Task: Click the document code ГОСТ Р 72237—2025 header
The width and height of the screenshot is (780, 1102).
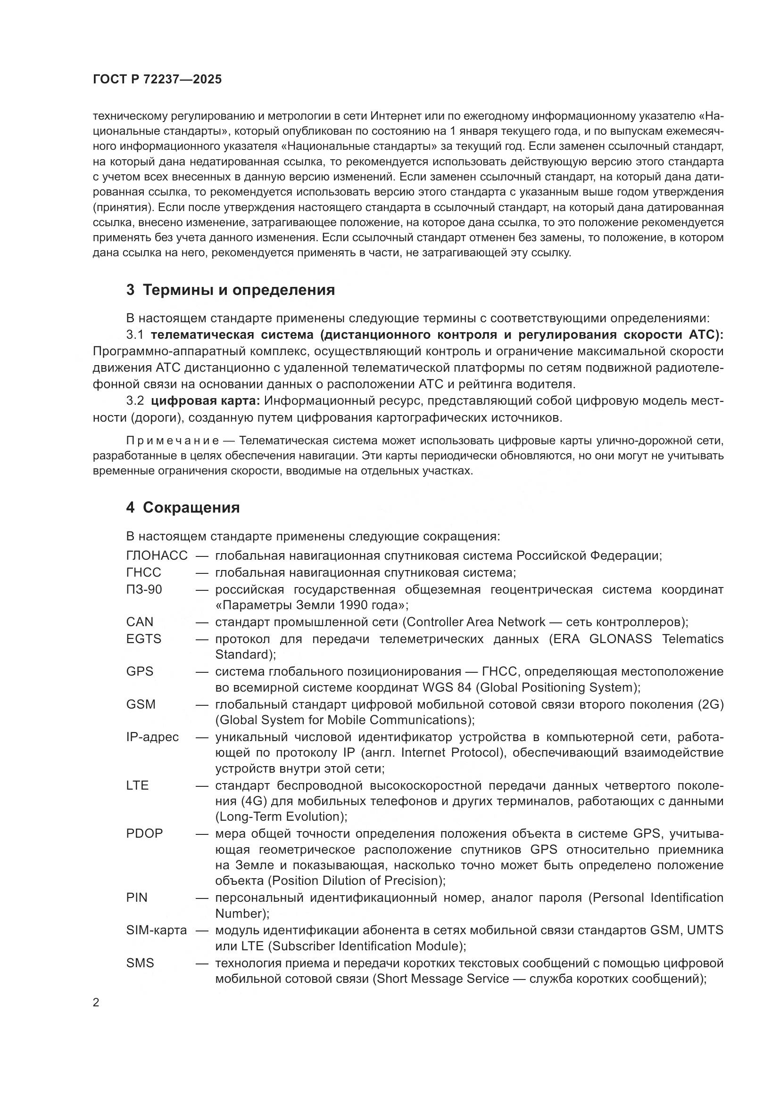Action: click(157, 80)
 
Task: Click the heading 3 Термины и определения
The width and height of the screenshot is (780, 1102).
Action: click(231, 290)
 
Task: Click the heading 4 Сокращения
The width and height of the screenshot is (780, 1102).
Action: click(183, 508)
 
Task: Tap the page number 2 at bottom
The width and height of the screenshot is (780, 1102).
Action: click(96, 1003)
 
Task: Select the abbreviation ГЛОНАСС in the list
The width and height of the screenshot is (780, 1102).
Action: click(157, 556)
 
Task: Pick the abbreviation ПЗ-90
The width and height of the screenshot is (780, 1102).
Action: click(144, 589)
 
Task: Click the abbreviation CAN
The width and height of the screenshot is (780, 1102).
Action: click(140, 622)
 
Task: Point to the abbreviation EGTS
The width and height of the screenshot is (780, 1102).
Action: click(144, 639)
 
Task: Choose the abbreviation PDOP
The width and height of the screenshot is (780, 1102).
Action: click(145, 834)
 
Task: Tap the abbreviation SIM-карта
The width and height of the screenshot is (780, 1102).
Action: click(157, 930)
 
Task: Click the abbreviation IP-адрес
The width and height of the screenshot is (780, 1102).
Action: click(152, 737)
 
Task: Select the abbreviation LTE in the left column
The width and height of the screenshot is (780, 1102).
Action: click(137, 785)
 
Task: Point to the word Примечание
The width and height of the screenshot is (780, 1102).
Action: click(173, 441)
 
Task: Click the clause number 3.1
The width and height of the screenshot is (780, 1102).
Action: click(135, 335)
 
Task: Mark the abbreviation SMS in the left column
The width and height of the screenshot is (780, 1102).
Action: click(140, 963)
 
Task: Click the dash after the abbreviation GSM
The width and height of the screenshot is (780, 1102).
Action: click(202, 704)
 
